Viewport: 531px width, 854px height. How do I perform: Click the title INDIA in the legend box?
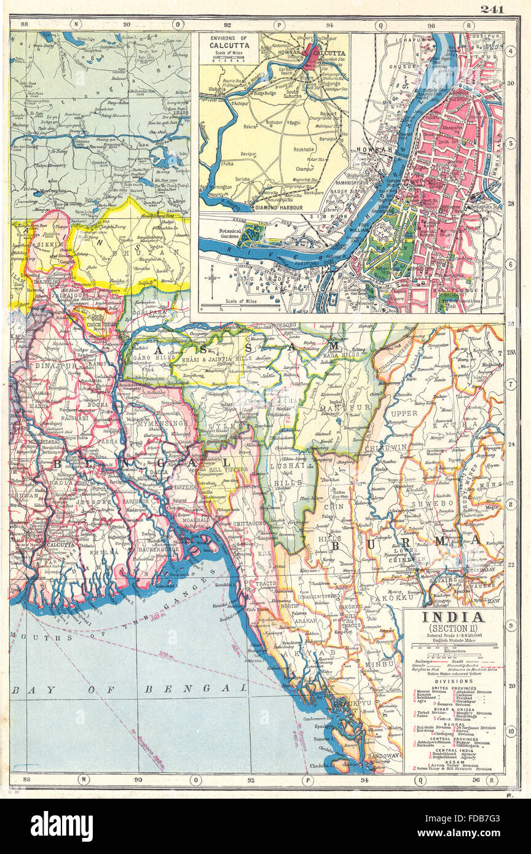[452, 617]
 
